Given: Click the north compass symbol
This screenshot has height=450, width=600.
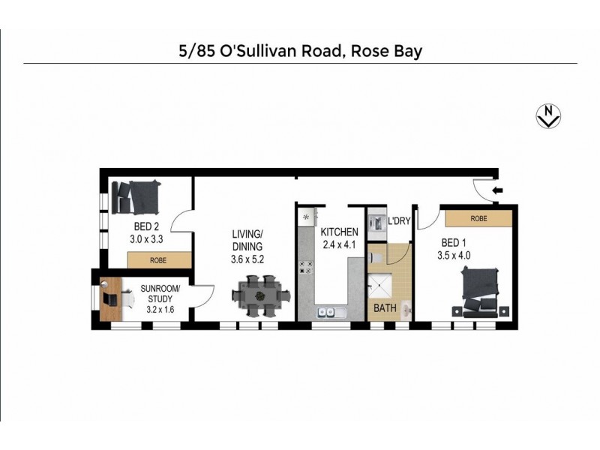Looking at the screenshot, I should point(550,115).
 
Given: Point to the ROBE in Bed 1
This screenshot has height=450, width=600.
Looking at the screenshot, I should point(478,218).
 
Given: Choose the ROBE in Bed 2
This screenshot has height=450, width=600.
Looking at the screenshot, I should point(158,260).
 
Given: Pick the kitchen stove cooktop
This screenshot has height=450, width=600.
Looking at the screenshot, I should point(306,266).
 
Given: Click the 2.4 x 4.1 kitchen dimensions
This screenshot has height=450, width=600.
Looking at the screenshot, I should point(340,244).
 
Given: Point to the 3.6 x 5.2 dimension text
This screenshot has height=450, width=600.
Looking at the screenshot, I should point(247,259).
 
